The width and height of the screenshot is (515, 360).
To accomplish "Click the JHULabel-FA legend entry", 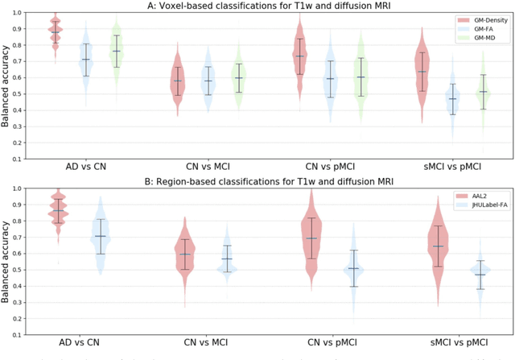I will pos(481,206).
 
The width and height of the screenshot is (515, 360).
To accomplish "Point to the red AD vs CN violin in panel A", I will pos(56,32).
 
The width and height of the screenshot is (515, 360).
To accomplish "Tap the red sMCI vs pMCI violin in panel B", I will pos(437,246).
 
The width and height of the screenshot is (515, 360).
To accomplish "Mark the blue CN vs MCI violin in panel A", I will pos(208,81).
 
